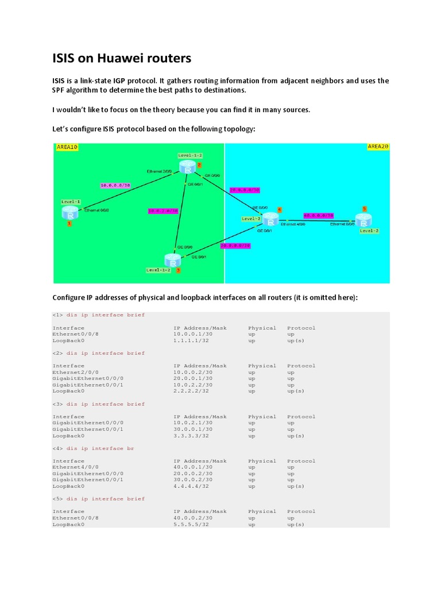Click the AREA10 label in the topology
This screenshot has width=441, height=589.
(67, 147)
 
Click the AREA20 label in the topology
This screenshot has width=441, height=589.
(378, 147)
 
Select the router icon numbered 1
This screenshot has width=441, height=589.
(68, 213)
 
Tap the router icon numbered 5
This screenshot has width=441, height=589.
(363, 220)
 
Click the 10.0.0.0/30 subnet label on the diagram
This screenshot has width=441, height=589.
(115, 185)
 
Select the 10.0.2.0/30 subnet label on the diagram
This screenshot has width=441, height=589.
(163, 211)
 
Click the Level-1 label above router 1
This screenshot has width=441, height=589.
(71, 202)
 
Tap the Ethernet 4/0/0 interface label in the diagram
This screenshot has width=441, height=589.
(293, 225)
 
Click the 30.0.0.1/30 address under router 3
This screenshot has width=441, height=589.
(193, 429)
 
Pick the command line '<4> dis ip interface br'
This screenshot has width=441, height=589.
(93, 448)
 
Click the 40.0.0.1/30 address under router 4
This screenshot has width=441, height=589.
(193, 467)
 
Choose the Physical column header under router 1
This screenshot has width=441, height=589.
(262, 328)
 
